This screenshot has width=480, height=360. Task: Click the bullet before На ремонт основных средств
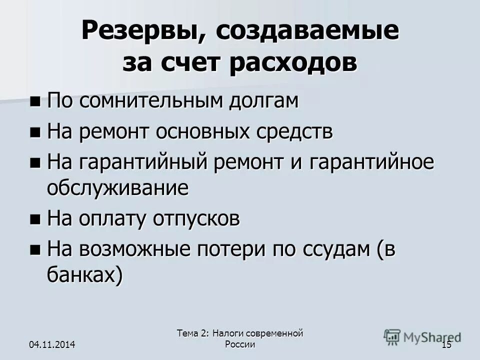35,132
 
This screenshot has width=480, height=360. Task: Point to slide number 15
446,344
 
